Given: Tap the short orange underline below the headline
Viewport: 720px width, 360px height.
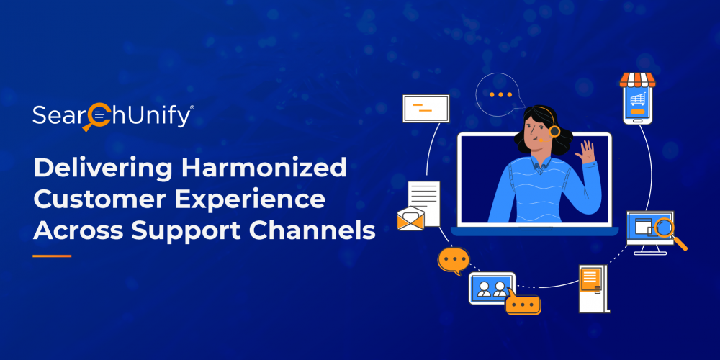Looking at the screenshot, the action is coord(52,256).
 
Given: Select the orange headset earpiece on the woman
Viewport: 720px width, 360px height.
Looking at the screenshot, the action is coord(554,132).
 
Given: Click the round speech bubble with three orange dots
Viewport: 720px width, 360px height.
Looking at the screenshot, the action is coord(500,94).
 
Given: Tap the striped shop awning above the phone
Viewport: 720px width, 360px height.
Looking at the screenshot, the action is coord(637,79).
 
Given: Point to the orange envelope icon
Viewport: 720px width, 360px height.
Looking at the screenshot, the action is coord(410,219).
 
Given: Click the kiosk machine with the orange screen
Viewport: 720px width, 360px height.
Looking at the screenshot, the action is coord(594,289).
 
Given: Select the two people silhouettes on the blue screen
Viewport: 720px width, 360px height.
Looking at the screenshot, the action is coord(491,289).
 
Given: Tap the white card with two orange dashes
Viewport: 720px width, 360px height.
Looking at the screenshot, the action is coord(426,109).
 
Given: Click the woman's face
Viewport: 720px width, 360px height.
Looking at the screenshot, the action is coord(535,131).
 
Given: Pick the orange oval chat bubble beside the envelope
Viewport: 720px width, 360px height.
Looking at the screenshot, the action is coord(454,261).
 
